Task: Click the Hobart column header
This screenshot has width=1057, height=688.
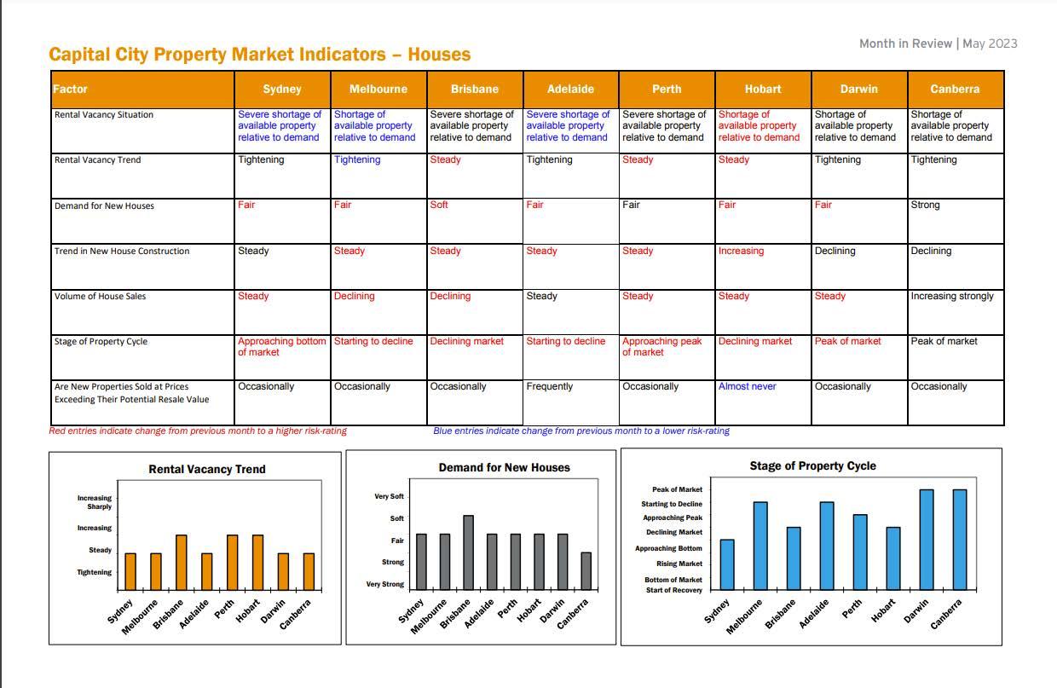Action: [x=763, y=89]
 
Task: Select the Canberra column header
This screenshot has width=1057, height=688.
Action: [x=955, y=89]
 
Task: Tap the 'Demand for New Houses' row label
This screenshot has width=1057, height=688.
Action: [x=104, y=205]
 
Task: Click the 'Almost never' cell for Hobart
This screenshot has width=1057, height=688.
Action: [x=747, y=386]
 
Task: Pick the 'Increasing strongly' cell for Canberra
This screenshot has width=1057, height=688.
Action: [x=952, y=296]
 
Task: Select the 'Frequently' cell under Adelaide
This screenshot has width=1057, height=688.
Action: [x=550, y=386]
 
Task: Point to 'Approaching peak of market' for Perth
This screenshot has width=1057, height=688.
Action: [x=662, y=346]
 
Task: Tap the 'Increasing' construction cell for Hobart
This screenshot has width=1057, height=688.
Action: [x=741, y=251]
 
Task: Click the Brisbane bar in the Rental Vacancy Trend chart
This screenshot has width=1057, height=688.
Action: [x=181, y=562]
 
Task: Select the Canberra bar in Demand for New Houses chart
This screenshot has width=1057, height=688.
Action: [x=585, y=570]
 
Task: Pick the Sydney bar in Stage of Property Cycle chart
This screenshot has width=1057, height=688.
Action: [x=727, y=564]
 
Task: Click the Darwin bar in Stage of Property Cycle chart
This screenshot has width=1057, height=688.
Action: [x=927, y=539]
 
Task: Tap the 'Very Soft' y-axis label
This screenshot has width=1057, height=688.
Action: [x=389, y=496]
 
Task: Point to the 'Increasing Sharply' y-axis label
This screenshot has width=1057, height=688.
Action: [x=94, y=502]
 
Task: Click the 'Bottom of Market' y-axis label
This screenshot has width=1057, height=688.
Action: [x=673, y=580]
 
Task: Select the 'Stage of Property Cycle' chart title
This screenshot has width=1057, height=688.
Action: [x=812, y=465]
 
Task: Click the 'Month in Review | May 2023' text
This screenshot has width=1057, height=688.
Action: [x=938, y=43]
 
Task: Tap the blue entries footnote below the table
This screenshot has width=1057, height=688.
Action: [x=580, y=431]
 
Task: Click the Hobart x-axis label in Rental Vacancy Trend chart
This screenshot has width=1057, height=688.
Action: [x=248, y=611]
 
